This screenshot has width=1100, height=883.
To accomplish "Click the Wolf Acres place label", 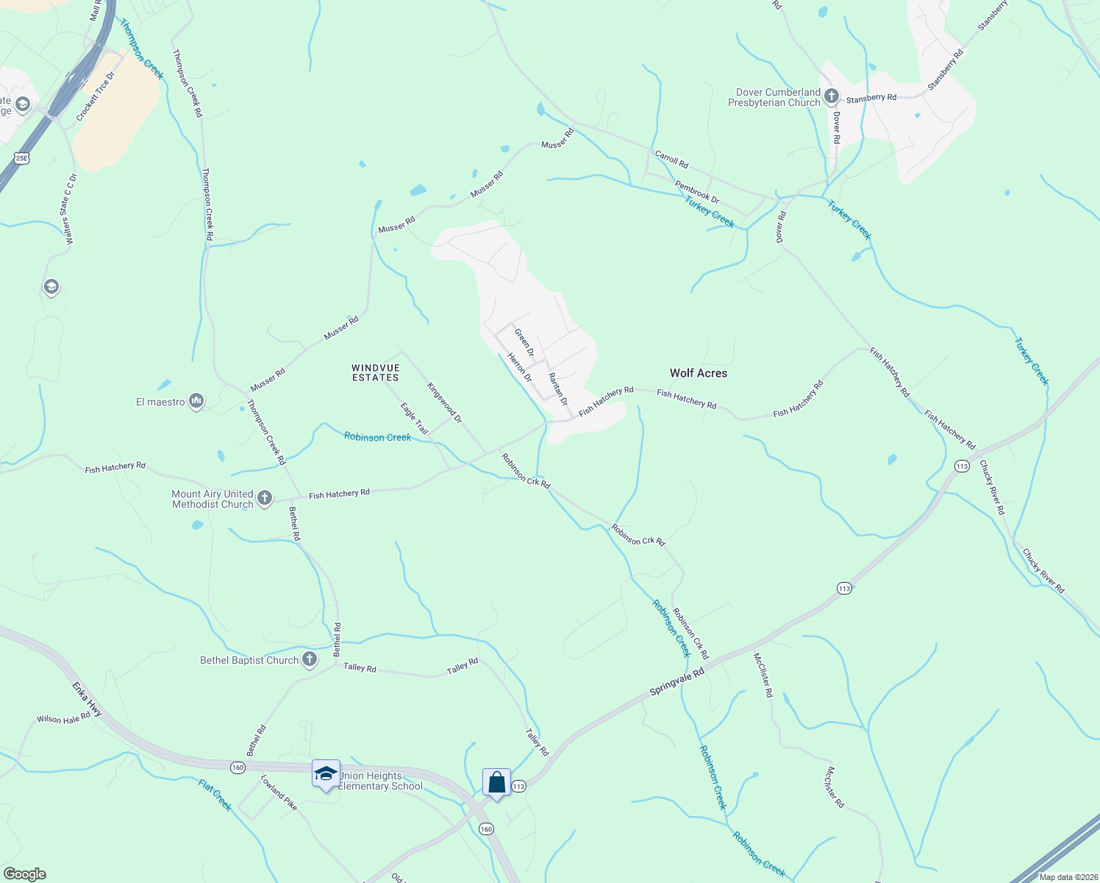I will [x=698, y=373].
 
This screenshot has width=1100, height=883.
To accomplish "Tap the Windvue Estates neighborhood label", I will [x=375, y=373].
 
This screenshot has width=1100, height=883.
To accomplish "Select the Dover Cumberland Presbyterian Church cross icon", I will [x=832, y=96].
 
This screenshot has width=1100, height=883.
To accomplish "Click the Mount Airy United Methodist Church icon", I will [x=265, y=498].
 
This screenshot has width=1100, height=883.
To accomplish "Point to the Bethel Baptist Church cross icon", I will [x=310, y=659].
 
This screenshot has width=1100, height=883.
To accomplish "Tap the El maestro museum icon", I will [x=196, y=401].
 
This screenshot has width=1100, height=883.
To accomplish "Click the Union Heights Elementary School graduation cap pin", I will [x=326, y=774].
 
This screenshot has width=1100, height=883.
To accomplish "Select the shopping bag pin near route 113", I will [x=496, y=782].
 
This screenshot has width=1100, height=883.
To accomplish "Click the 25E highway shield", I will [x=21, y=158].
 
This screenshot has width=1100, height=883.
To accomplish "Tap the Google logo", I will [x=25, y=874].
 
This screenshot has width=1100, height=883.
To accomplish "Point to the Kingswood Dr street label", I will [x=445, y=403].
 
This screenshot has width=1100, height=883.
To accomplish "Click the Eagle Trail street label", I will [x=414, y=418].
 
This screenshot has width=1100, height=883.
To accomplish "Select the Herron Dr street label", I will [x=520, y=367].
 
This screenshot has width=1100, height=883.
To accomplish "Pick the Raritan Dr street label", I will [x=558, y=389].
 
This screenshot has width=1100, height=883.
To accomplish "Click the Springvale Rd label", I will [x=677, y=682].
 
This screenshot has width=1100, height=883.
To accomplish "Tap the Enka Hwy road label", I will [x=87, y=699].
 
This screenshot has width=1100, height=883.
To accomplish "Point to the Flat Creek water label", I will [x=215, y=795].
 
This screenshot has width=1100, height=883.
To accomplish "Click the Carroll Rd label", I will [x=671, y=159].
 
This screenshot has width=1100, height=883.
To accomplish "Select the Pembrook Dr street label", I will [x=697, y=193].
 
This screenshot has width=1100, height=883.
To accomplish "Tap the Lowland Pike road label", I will [x=279, y=792].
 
